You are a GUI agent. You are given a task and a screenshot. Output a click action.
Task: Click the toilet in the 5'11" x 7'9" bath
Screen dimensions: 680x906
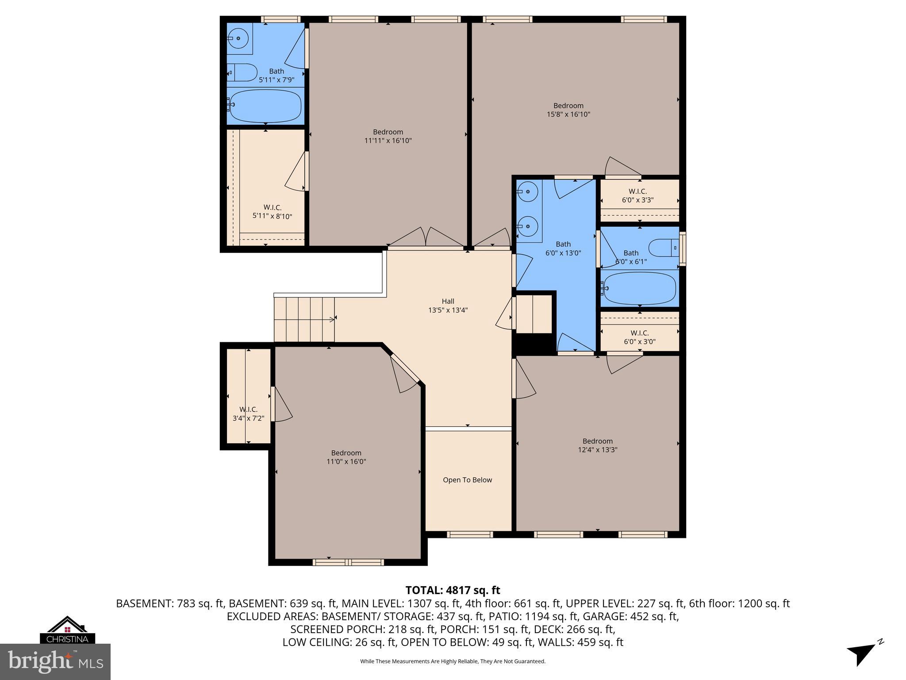(242, 72)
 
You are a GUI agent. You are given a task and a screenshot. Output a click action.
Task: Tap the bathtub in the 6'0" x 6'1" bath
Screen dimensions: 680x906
(640, 288)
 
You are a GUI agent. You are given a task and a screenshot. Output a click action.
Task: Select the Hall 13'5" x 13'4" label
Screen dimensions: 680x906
(448, 306)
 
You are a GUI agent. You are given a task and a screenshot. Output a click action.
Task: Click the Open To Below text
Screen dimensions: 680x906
(467, 480)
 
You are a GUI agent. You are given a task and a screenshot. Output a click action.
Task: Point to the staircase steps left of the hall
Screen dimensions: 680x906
(304, 320)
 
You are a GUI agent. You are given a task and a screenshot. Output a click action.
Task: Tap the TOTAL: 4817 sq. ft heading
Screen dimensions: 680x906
(453, 590)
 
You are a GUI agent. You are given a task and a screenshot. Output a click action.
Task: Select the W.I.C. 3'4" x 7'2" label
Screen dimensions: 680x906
(248, 413)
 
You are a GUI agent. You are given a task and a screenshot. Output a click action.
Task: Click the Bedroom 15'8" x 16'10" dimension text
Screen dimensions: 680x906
(568, 114)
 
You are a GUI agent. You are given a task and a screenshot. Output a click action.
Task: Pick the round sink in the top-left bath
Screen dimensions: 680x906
(238, 39)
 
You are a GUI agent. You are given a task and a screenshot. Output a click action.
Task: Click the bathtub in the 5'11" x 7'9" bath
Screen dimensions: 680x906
(265, 106)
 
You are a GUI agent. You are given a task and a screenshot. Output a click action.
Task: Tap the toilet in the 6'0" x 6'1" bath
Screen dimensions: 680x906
(663, 248)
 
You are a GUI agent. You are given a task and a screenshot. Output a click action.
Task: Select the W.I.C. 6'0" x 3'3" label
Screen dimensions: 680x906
(637, 196)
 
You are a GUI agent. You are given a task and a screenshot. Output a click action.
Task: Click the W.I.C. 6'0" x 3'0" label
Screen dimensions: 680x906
(639, 337)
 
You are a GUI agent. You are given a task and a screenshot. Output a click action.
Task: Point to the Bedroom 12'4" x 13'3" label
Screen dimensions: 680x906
(597, 445)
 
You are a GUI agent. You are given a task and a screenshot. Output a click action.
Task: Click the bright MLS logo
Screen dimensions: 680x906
(55, 661)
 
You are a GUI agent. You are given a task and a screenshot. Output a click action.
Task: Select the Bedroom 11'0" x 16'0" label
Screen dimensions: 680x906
(346, 457)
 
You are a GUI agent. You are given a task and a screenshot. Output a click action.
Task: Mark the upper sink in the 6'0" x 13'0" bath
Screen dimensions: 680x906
(527, 192)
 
